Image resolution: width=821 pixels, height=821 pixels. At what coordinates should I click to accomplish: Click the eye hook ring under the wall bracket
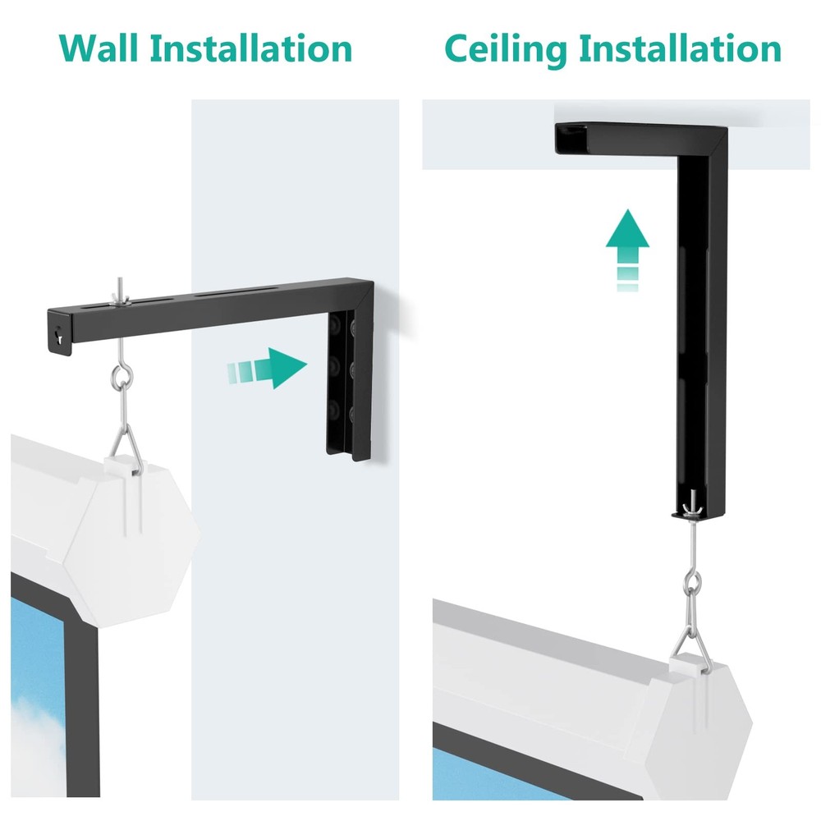tap(123, 379)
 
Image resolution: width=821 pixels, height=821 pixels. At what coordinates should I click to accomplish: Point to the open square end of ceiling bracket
tap(574, 140)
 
